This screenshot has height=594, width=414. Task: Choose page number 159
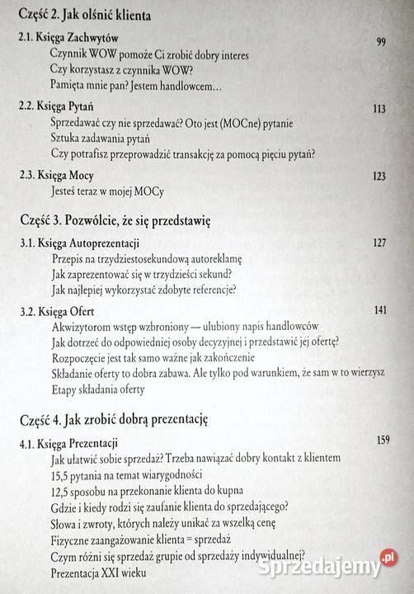click(x=384, y=439)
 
